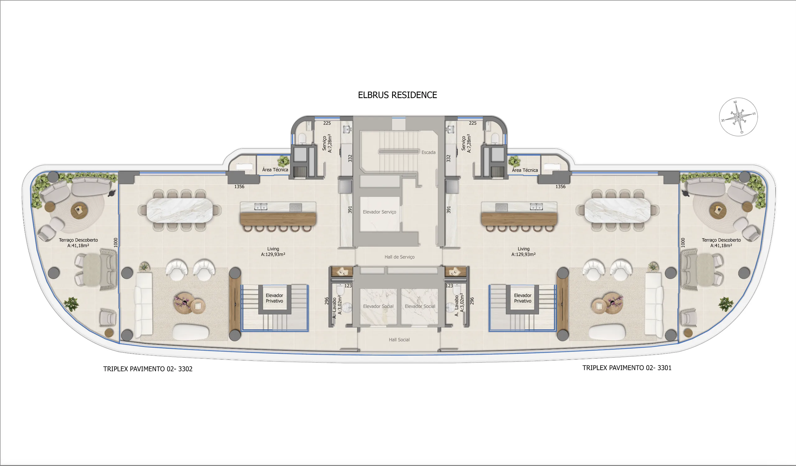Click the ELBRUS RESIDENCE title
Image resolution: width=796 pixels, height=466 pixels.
(397, 95)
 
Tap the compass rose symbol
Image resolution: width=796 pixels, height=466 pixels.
(738, 117)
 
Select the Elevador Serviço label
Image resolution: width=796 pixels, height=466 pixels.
(379, 212)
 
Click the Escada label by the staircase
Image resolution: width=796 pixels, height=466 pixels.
(428, 152)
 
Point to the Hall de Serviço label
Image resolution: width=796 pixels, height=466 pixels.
(399, 257)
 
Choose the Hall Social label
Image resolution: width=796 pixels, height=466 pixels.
(399, 340)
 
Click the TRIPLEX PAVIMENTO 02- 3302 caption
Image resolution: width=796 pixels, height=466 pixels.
(148, 369)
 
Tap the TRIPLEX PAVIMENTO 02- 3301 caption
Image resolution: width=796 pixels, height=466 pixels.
(627, 368)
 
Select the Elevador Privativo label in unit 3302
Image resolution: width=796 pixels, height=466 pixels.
(274, 298)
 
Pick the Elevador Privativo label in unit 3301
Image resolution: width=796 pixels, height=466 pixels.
(522, 298)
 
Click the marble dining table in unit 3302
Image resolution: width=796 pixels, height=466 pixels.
(180, 210)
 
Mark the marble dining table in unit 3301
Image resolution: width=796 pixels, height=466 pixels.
(617, 210)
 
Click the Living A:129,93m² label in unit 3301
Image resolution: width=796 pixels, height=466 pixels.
(523, 252)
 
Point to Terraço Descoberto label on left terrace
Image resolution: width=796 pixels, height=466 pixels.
(78, 242)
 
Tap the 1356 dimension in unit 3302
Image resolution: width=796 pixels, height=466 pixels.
(239, 187)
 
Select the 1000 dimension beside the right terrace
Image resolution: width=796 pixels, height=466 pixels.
(683, 242)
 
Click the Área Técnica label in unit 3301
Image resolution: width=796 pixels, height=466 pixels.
(525, 170)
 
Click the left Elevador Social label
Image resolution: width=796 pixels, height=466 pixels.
(378, 306)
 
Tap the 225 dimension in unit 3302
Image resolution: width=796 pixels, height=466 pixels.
(327, 123)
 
